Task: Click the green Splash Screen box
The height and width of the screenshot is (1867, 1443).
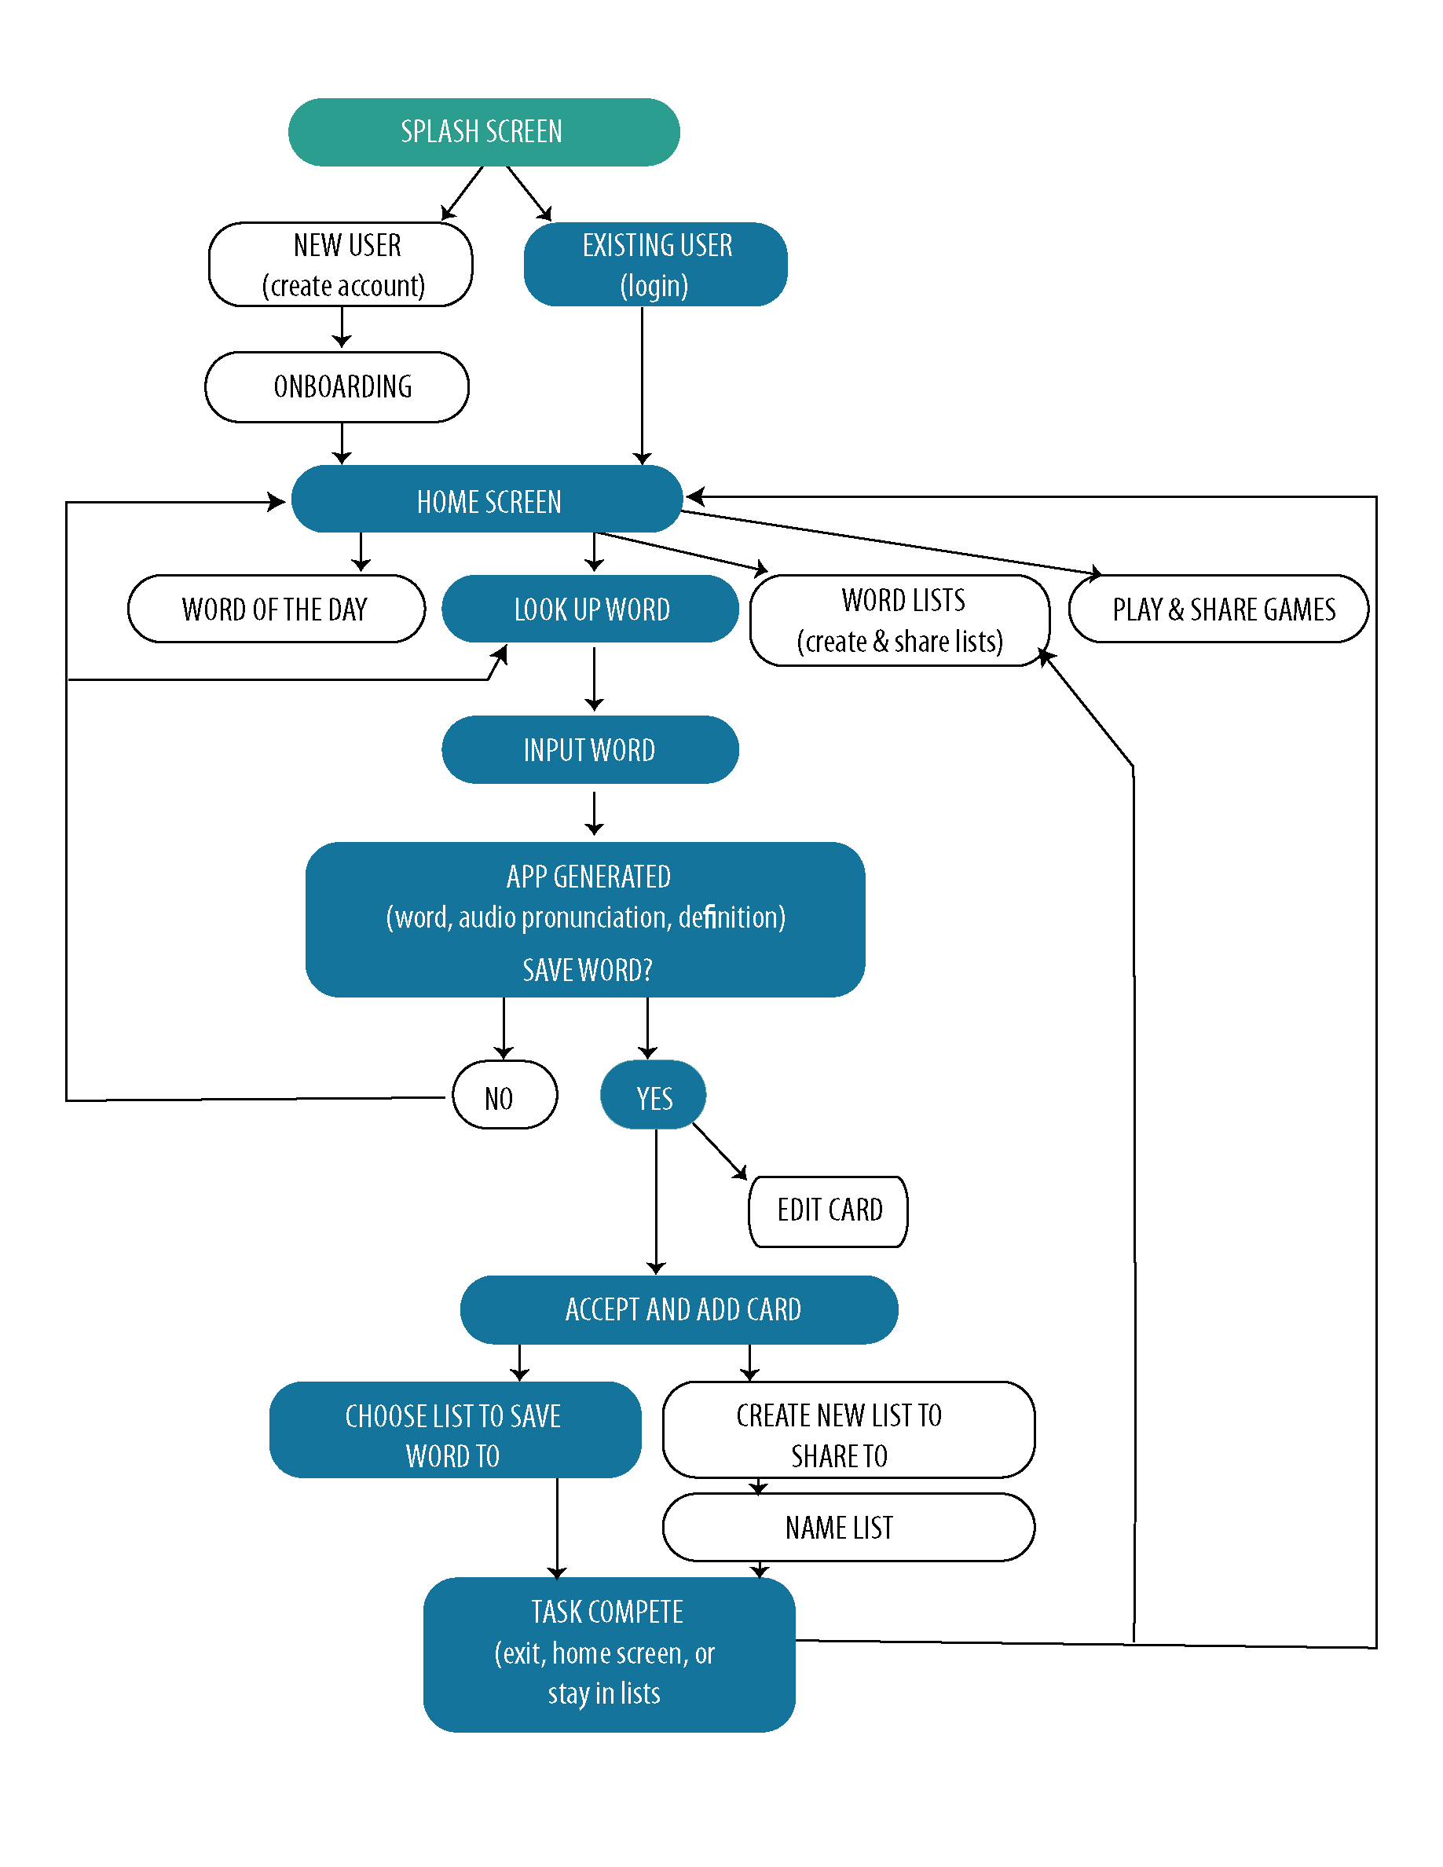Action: click(484, 132)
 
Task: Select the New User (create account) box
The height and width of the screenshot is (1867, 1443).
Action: click(340, 264)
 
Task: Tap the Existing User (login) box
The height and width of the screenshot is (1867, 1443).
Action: click(655, 264)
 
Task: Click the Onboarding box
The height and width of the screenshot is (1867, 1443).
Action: click(337, 386)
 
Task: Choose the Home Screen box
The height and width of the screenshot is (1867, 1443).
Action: click(486, 500)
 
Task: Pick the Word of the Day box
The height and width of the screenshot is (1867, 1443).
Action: click(277, 609)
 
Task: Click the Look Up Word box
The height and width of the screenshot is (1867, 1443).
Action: click(590, 609)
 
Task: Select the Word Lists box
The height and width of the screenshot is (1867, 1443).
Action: click(899, 620)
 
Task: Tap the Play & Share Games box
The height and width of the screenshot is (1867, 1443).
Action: click(1218, 609)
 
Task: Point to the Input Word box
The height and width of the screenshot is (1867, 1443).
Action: click(590, 750)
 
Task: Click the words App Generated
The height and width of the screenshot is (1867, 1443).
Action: click(588, 877)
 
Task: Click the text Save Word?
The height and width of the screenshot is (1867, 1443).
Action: click(588, 969)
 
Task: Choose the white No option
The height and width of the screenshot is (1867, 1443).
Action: click(504, 1095)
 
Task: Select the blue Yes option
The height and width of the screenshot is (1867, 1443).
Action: click(653, 1095)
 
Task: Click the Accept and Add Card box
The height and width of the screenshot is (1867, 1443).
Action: click(679, 1309)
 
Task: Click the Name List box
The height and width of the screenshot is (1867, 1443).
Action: click(848, 1528)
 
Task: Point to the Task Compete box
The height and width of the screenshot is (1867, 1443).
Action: click(609, 1654)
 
